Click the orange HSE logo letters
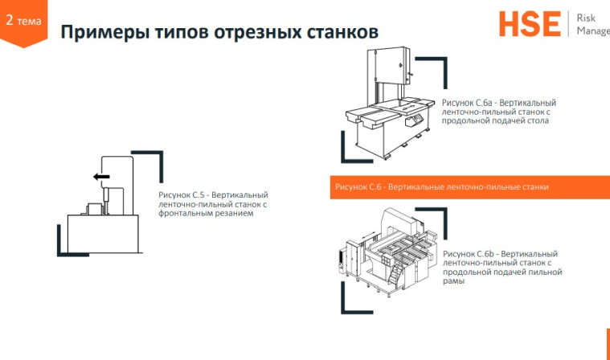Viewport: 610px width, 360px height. click(529, 24)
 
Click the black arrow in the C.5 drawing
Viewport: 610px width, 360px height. click(100, 177)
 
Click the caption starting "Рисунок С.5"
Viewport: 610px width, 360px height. click(213, 204)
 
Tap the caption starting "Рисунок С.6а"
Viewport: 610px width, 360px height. click(498, 112)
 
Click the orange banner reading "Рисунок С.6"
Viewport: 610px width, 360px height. click(441, 187)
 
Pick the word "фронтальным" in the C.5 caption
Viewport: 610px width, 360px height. click(184, 214)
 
